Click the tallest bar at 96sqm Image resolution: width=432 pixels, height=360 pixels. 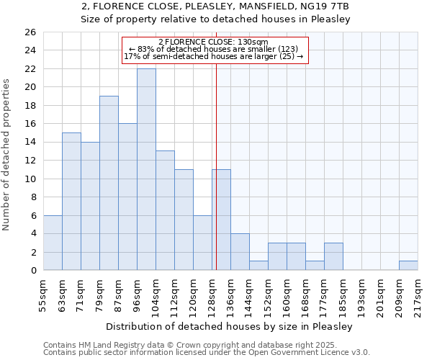(146, 169)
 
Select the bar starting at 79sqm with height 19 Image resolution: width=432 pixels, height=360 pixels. (109, 183)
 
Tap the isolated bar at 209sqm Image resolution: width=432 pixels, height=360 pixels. (408, 266)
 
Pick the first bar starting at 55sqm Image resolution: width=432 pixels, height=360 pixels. (53, 243)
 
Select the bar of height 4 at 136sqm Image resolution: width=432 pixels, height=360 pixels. (240, 252)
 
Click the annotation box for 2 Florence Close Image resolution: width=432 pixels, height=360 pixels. (215, 50)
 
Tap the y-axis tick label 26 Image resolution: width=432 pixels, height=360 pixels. (30, 32)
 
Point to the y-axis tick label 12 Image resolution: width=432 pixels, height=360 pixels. (30, 161)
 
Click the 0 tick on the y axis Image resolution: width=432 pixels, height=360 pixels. (32, 271)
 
